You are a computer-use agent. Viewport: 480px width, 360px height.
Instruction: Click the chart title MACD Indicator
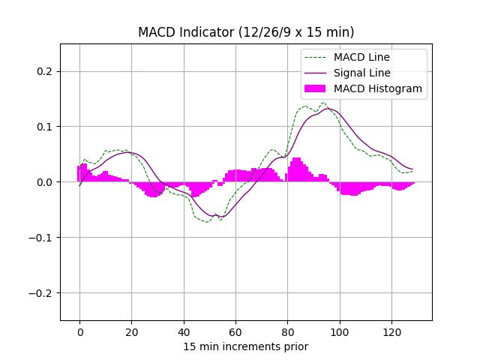coord(246,32)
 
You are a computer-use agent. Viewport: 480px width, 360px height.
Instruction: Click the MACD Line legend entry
coord(361,57)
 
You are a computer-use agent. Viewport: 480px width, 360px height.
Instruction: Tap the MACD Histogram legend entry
coord(377,88)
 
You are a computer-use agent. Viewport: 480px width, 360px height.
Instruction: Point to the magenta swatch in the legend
coord(316,88)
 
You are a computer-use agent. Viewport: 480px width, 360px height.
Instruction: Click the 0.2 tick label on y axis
coord(44,71)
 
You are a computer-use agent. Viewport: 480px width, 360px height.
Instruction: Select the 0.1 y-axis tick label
coord(44,127)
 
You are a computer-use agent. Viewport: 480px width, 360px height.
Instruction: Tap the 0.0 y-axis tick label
coord(44,182)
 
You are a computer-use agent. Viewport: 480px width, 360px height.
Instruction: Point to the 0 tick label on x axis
coord(79,332)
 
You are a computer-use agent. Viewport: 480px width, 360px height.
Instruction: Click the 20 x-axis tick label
coord(131,332)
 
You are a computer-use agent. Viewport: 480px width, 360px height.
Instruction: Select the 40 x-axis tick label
coord(183,332)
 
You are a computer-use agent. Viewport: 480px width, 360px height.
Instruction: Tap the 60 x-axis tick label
coord(235,332)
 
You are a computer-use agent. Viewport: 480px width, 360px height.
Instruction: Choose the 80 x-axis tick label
coord(287,332)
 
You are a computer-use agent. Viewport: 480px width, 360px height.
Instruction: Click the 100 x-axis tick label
coord(339,332)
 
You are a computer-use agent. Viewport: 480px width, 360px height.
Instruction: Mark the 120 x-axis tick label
coord(391,332)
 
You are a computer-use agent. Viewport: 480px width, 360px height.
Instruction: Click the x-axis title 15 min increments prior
coord(246,346)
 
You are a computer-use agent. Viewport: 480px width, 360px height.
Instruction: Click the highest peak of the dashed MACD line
coord(323,103)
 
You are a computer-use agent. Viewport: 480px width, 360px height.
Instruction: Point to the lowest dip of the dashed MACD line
coord(207,222)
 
